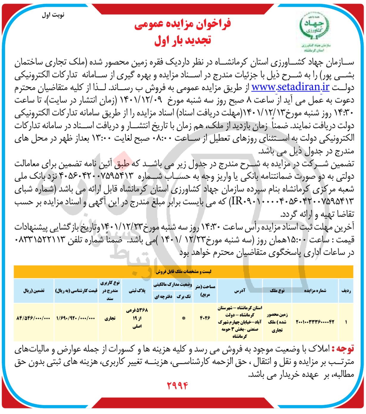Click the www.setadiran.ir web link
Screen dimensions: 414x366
pyautogui.click(x=290, y=87)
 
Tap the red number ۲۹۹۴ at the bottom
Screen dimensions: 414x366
pyautogui.click(x=177, y=386)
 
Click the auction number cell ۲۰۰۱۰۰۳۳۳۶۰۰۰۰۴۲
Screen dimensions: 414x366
pyautogui.click(x=315, y=322)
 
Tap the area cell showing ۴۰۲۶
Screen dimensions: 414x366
pyautogui.click(x=205, y=318)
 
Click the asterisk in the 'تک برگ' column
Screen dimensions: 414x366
pyautogui.click(x=184, y=318)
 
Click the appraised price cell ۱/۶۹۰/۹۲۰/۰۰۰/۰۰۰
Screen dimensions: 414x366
pyautogui.click(x=76, y=318)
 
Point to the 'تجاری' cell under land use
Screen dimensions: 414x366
pyautogui.click(x=110, y=318)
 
